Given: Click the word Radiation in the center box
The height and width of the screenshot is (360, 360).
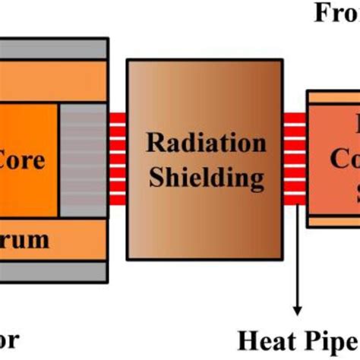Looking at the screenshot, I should coord(206,144).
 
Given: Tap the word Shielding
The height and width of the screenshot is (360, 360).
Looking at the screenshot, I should coord(206,178).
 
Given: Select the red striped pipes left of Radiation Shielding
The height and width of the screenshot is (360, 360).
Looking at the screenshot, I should coord(117,159).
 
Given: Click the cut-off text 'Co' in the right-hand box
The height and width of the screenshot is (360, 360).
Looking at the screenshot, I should coord(341,163).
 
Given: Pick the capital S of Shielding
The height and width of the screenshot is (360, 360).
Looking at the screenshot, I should coord(157,178).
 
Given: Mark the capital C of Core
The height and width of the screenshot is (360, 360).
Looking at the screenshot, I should coord(9,161).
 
